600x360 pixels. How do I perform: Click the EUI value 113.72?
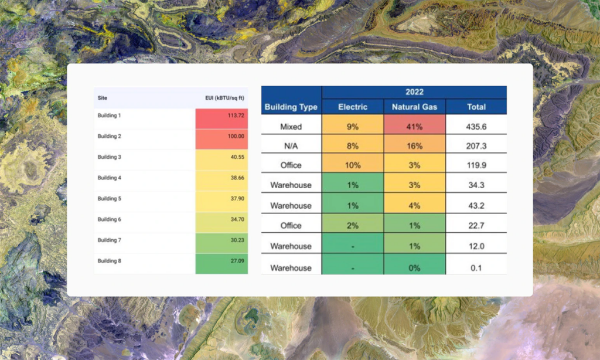point(236,116)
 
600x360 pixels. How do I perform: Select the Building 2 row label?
point(109,136)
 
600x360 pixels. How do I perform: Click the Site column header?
point(103,98)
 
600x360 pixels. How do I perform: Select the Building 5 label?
point(109,199)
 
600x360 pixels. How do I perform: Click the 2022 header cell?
point(414,92)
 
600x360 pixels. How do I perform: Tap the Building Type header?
point(291,107)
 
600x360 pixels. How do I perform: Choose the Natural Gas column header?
point(414,107)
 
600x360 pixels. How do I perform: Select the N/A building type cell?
point(291,145)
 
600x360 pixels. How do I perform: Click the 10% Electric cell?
point(353,165)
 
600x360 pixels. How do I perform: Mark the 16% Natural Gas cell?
point(414,145)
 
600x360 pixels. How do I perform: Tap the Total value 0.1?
point(476,267)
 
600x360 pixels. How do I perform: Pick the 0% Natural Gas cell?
point(414,267)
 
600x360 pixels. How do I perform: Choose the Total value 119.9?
point(476,165)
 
